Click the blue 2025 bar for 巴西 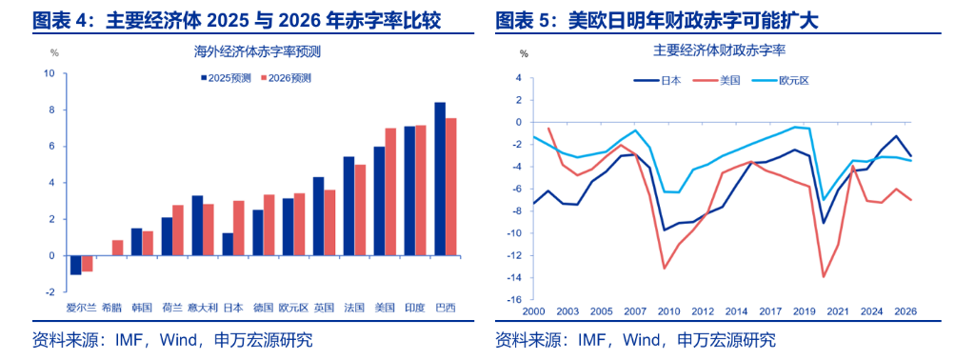(440, 179)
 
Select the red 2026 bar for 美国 (390, 191)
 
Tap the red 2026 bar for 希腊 (117, 248)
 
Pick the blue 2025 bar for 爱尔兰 (76, 265)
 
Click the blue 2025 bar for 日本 (228, 244)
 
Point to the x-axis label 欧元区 (293, 308)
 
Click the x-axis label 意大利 (202, 308)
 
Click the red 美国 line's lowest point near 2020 (824, 276)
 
